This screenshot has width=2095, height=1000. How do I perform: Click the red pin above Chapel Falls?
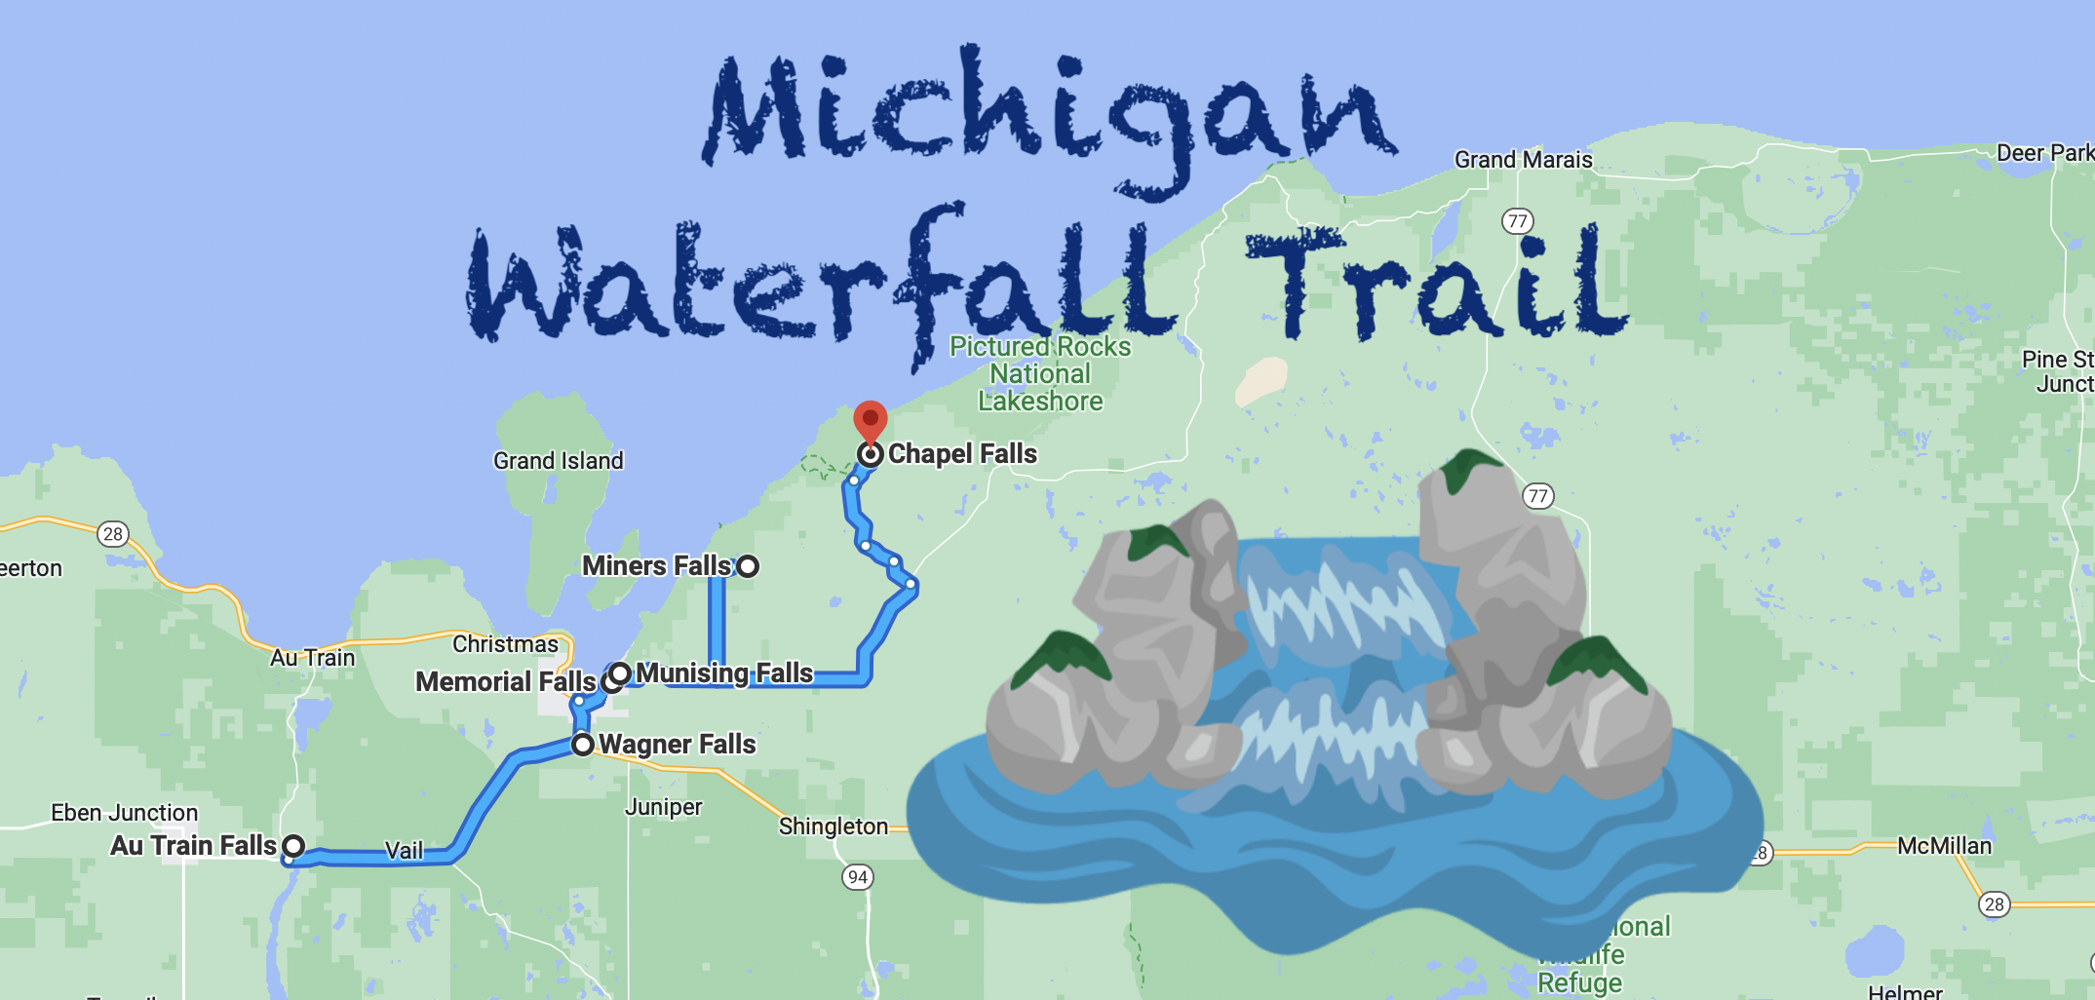coord(870,420)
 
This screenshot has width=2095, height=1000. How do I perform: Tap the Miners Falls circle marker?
coord(748,566)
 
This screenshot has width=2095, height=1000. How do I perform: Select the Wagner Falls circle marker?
coord(583,745)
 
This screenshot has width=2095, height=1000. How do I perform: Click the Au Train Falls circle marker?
coord(293,845)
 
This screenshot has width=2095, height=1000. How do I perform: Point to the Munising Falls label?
coord(724,673)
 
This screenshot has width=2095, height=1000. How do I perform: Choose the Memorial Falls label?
coord(505,681)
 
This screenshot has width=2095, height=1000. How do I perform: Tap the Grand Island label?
coord(558,461)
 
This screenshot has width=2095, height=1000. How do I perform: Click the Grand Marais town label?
coord(1523,160)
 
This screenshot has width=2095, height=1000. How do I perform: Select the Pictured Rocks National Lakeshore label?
coord(1040,374)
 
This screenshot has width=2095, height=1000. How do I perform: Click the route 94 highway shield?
coord(858,877)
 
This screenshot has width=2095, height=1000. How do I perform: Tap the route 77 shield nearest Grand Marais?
coord(1517,221)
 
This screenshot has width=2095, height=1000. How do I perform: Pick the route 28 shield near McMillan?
coord(1995,904)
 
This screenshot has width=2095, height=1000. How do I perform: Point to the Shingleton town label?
coord(834,827)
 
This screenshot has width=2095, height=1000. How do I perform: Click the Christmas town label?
coord(505,644)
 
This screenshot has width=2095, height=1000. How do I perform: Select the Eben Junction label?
coord(124,813)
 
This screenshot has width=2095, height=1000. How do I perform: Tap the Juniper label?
coord(663,807)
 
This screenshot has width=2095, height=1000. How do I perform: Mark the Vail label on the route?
coord(405,851)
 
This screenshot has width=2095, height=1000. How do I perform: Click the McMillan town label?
coord(1944,846)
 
